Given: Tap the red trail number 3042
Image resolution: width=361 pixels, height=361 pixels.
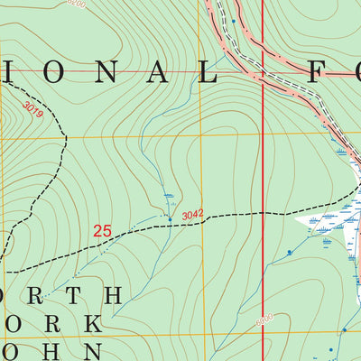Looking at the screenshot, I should (x=192, y=215).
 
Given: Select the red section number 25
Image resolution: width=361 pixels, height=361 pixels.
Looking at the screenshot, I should (x=103, y=232).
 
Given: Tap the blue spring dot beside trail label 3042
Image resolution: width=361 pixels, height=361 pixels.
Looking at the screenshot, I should (x=169, y=218).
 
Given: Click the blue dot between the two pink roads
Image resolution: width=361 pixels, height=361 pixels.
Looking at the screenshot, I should (x=233, y=19).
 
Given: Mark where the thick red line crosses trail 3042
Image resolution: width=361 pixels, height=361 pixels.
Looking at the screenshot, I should (x=263, y=213).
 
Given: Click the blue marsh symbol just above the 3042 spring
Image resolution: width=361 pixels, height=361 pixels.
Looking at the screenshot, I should (x=169, y=197).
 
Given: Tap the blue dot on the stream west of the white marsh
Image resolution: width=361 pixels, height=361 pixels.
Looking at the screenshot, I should (x=290, y=252).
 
